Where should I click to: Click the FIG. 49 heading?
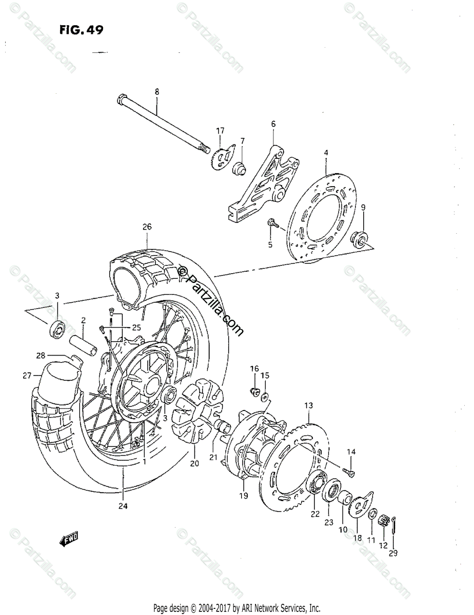(81, 30)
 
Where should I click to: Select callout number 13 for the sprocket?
(308, 406)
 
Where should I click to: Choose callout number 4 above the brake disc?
(325, 153)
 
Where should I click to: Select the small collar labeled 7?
(239, 168)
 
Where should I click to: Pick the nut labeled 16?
(253, 392)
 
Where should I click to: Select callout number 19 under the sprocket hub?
(243, 496)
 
